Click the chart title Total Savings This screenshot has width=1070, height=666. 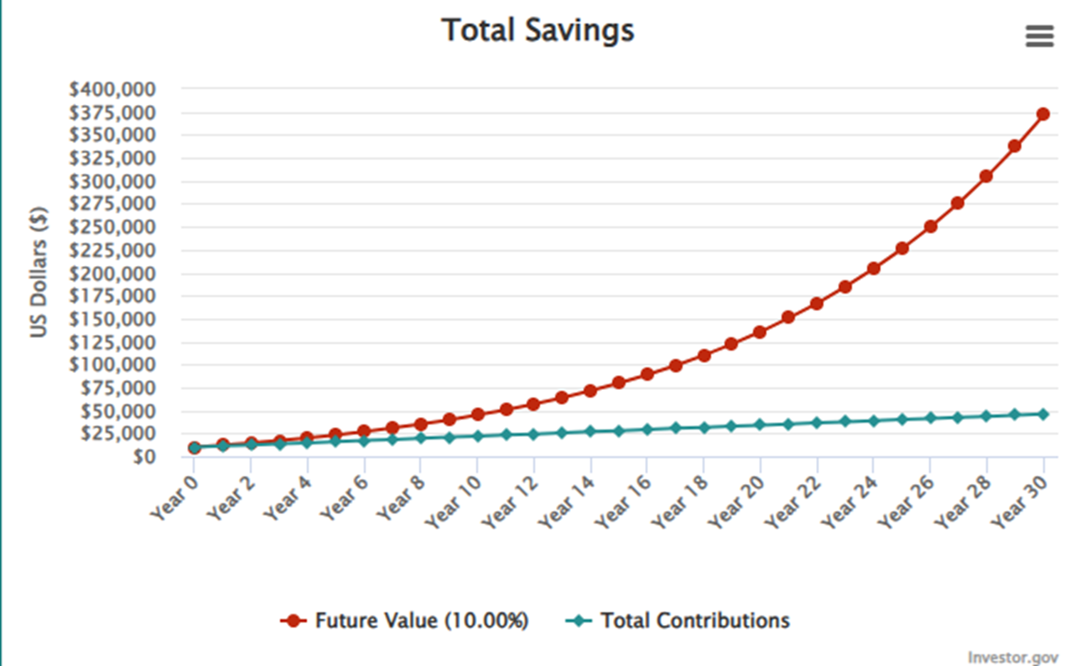(538, 31)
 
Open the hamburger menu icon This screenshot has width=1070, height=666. (1039, 36)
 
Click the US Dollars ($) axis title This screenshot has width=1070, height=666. (39, 272)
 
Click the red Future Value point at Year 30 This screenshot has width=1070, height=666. (1043, 114)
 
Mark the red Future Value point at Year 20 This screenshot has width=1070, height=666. (760, 332)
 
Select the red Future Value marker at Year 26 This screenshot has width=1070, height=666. (930, 226)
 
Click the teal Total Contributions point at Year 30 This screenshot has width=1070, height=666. (1043, 414)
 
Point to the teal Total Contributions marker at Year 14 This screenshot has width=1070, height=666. (590, 431)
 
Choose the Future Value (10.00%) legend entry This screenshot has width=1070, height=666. (405, 621)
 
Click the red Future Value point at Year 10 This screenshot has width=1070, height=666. (477, 414)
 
